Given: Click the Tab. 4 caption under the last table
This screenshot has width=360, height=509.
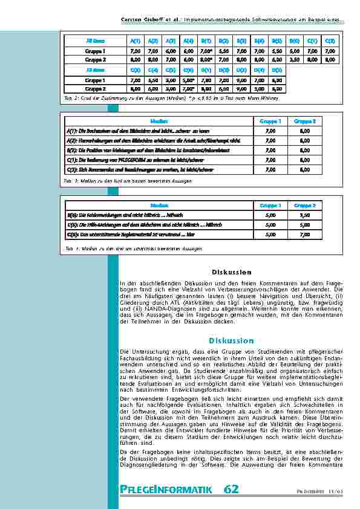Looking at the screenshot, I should (x=124, y=249).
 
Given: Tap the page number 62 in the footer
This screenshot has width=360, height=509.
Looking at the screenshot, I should (x=231, y=488).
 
